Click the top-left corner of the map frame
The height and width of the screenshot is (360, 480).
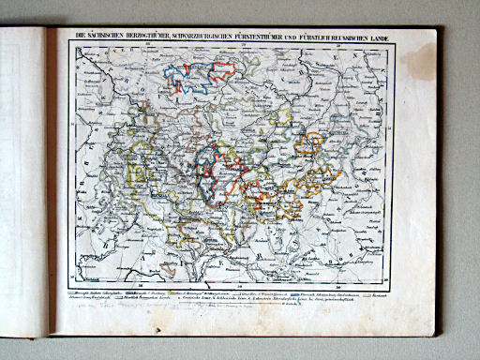[x=68, y=46]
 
